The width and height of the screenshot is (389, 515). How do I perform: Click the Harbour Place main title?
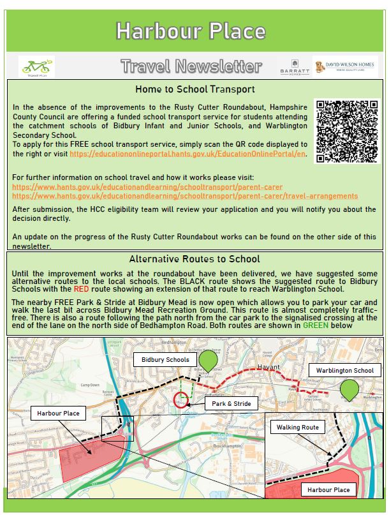(x=191, y=30)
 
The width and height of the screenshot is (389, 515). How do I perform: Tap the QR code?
(x=347, y=131)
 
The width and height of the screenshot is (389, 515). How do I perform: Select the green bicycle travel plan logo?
(x=36, y=66)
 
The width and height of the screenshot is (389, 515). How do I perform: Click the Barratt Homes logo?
(x=293, y=66)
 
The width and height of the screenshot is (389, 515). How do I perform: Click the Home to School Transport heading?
(x=194, y=89)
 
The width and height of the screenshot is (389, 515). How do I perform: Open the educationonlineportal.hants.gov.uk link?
(x=188, y=154)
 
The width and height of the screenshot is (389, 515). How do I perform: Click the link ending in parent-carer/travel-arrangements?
(x=185, y=196)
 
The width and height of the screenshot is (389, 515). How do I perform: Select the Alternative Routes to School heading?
(x=194, y=259)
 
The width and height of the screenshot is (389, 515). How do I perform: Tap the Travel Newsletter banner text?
(x=191, y=66)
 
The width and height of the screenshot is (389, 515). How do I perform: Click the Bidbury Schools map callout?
(x=165, y=360)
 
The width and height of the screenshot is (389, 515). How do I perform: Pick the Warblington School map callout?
(x=341, y=371)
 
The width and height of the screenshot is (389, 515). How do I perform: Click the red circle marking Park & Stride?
(x=181, y=400)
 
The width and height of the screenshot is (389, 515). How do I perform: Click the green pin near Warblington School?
(x=349, y=389)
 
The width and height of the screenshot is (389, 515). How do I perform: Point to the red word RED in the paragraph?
(x=82, y=288)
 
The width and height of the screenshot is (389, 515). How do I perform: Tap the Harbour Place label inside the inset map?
(x=328, y=490)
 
